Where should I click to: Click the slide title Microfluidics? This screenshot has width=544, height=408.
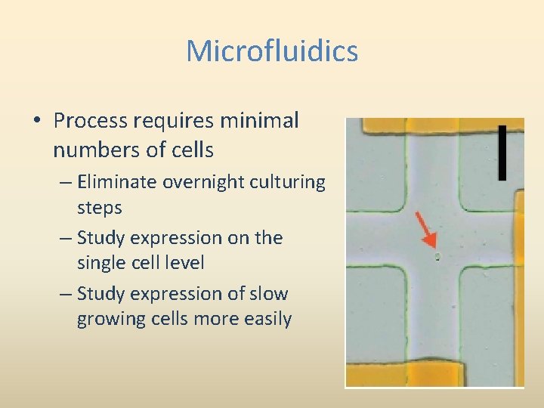[x=272, y=51]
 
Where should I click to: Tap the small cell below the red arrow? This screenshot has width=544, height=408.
[x=437, y=257]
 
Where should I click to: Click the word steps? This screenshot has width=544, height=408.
[x=99, y=207]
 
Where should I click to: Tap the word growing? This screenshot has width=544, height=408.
[x=109, y=318]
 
